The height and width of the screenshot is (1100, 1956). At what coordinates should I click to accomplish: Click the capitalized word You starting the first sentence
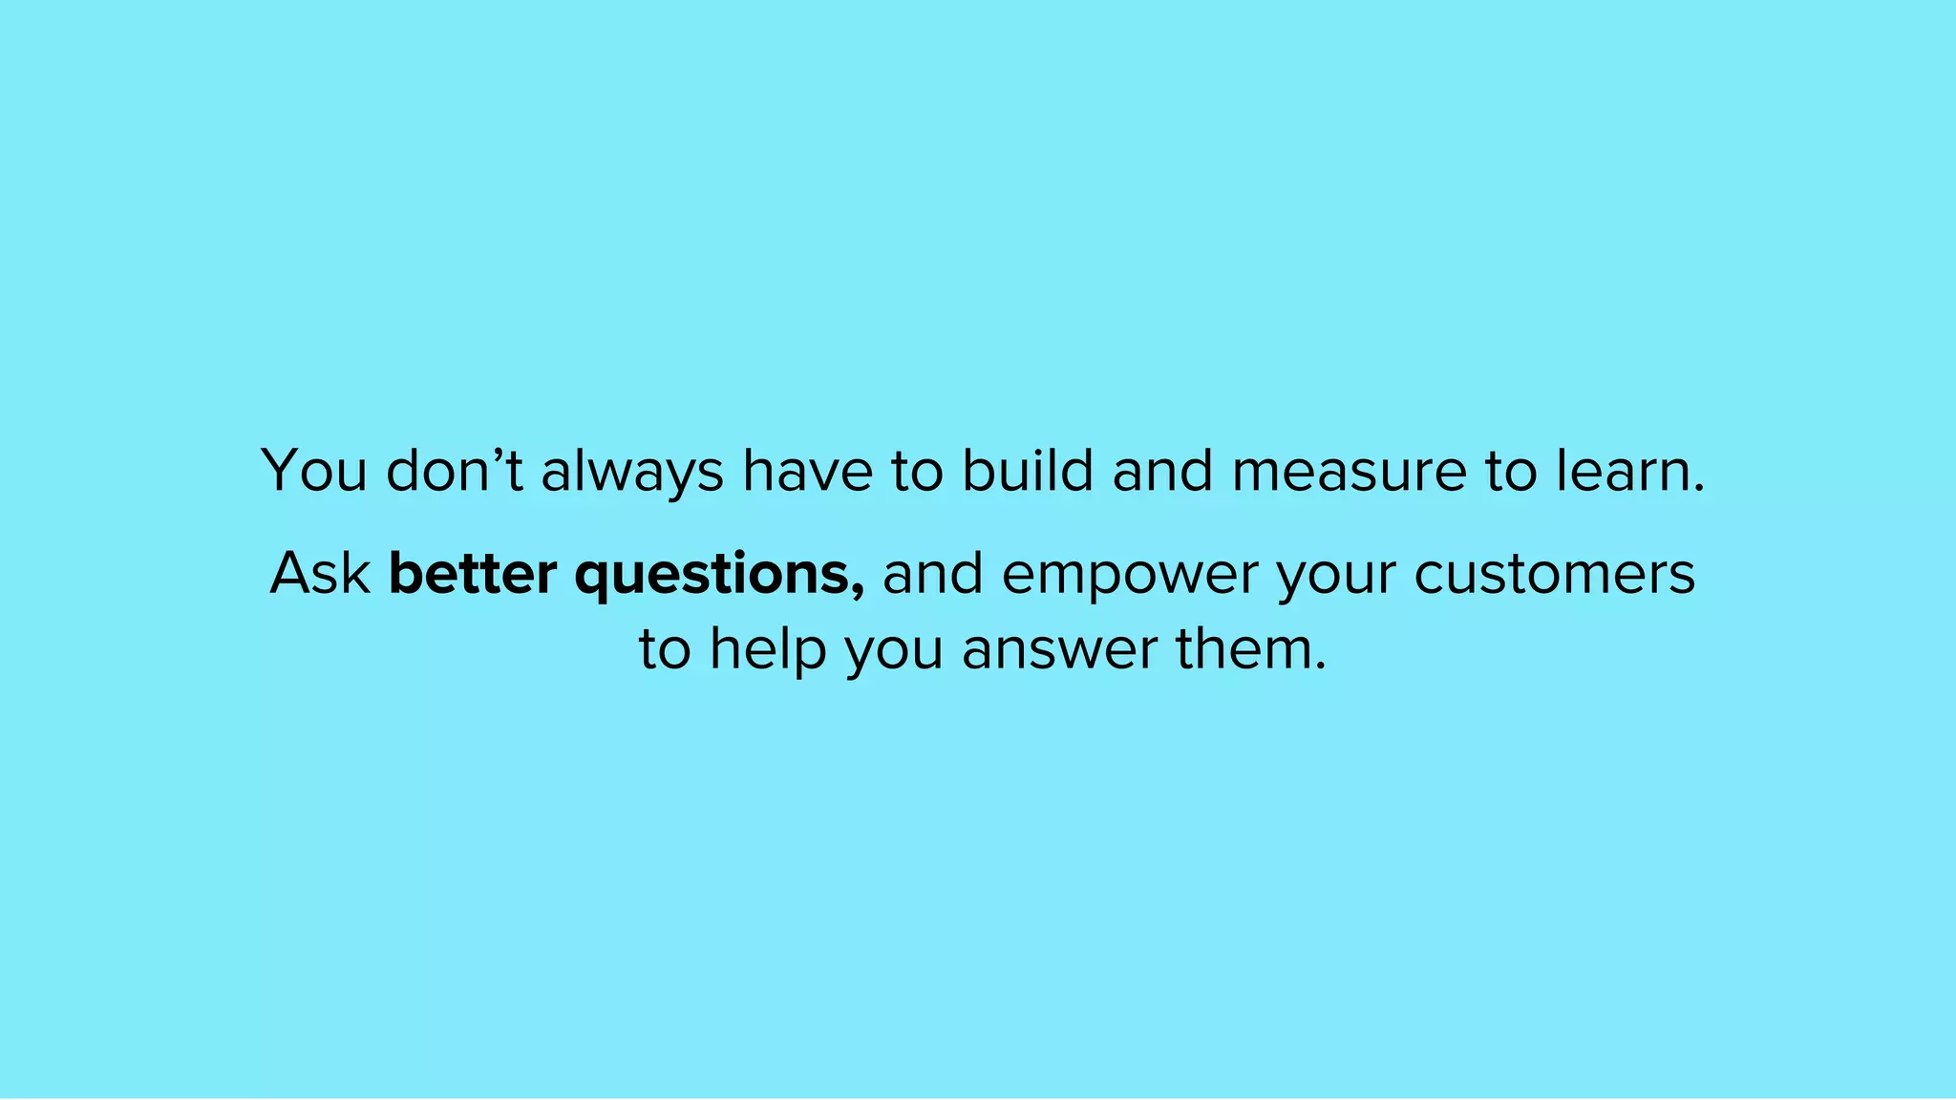[314, 471]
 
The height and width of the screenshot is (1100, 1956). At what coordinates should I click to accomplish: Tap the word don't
[455, 471]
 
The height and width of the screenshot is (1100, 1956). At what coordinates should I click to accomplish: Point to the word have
[808, 471]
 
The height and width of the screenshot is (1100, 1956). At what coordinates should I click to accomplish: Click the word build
[1027, 470]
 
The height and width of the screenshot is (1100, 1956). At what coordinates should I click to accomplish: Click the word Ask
[320, 574]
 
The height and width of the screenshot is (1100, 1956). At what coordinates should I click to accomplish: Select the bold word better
[473, 574]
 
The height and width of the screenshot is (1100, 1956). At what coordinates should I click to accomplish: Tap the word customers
[1554, 574]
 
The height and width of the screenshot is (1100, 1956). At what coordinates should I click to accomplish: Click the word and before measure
[1162, 471]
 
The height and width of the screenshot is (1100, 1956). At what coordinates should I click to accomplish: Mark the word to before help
[665, 650]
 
